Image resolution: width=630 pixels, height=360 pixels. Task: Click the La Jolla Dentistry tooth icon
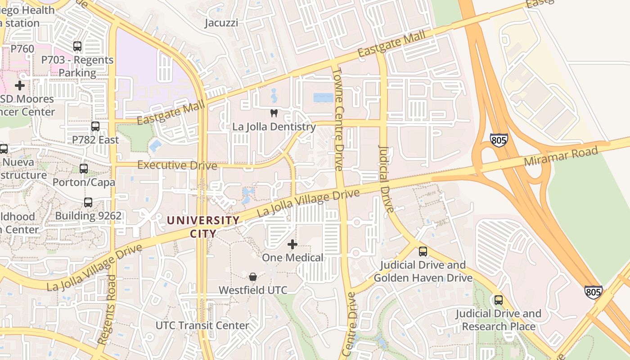click(274, 113)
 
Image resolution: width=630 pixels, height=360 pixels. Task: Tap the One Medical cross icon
click(292, 244)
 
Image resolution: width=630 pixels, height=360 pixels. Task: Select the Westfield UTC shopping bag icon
click(253, 276)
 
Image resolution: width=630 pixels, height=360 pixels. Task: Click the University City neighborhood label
click(203, 227)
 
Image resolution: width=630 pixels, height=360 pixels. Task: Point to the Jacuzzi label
click(221, 23)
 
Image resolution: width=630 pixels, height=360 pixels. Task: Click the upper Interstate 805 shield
click(499, 139)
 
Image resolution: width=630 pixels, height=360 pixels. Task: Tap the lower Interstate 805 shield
click(593, 292)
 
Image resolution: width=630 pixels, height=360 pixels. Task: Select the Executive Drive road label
click(177, 165)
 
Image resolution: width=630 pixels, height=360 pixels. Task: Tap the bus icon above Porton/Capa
click(84, 169)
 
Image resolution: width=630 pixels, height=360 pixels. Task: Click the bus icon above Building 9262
click(88, 202)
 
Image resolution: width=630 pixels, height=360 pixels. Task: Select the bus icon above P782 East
click(95, 126)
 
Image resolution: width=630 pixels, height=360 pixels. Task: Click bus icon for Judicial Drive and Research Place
click(498, 300)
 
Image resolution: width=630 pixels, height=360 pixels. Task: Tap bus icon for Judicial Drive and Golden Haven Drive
click(423, 252)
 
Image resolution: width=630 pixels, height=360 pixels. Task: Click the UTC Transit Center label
click(202, 325)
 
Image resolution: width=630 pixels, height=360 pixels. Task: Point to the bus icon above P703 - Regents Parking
click(77, 46)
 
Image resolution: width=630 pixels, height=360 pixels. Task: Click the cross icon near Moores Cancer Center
click(20, 85)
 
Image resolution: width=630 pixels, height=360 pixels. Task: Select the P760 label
click(22, 49)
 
